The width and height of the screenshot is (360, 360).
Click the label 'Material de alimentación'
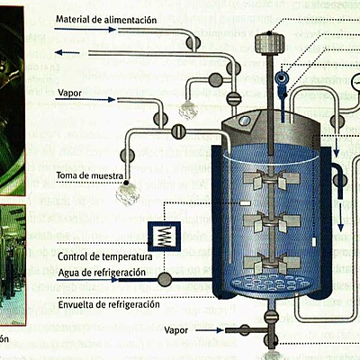pyautogui.click(x=106, y=19)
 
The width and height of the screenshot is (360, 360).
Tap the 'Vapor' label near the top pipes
pyautogui.click(x=69, y=92)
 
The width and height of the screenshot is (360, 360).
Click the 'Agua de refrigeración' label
pyautogui.click(x=101, y=273)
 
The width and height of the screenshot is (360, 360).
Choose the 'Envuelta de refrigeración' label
pyautogui.click(x=109, y=305)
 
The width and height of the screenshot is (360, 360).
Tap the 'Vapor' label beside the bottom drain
pyautogui.click(x=177, y=330)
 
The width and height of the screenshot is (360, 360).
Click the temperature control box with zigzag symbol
pyautogui.click(x=162, y=236)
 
